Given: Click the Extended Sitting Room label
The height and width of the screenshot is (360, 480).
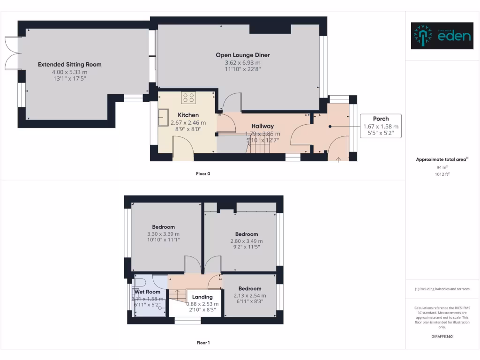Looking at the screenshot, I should [69, 65].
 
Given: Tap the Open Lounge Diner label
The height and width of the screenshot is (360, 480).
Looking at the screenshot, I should [242, 55].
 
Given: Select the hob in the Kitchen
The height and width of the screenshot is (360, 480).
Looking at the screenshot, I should [188, 98].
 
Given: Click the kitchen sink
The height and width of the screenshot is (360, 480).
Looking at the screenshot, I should [164, 117].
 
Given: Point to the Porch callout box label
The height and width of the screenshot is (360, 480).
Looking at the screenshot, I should [381, 119].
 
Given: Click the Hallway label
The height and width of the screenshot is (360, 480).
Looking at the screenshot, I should [262, 126].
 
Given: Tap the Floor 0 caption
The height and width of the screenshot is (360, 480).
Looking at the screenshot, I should [203, 174].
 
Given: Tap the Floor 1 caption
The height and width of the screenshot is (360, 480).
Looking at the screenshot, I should [203, 343].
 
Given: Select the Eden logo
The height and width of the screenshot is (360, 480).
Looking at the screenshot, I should [442, 36].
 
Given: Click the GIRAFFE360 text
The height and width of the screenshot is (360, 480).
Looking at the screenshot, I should [442, 336].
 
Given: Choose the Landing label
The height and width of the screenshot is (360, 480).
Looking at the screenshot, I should [202, 297].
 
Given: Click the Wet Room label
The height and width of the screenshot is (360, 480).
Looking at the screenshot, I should [148, 292].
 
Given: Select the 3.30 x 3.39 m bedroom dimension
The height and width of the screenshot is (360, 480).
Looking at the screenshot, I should [163, 233].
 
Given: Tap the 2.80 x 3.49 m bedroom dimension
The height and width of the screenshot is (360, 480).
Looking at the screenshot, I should [247, 241].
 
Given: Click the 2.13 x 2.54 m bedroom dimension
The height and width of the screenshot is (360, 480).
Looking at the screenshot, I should [249, 295].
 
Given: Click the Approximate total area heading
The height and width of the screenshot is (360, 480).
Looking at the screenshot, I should [442, 160].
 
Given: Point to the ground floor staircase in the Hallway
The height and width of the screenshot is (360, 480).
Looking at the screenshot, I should [259, 148].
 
